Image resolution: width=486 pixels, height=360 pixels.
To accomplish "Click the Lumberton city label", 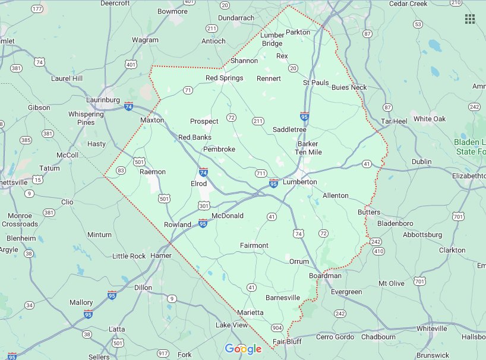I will [x=299, y=182].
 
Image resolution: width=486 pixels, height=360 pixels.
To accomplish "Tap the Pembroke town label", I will [x=219, y=149].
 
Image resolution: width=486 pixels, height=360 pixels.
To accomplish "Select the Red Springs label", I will [x=224, y=78].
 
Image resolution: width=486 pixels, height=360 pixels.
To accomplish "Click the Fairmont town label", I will [x=254, y=245].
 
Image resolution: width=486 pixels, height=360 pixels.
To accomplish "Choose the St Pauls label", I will [x=315, y=83].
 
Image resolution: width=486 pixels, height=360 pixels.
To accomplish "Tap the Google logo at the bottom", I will [x=243, y=349].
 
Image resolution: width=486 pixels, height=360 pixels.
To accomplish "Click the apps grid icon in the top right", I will [x=470, y=19].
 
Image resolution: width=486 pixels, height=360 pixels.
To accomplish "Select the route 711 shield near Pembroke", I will [x=260, y=173].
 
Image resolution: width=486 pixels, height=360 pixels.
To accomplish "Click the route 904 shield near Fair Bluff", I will [x=276, y=328].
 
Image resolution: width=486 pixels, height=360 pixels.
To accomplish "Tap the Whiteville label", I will [x=431, y=329].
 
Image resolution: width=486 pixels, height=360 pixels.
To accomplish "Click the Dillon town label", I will [x=143, y=287].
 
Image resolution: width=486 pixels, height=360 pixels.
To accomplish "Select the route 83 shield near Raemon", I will [x=121, y=170].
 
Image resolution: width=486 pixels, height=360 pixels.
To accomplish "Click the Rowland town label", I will [x=178, y=225].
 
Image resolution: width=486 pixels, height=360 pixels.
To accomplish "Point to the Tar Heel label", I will [x=394, y=121].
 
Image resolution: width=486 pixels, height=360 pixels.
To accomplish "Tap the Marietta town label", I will [x=250, y=312].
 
